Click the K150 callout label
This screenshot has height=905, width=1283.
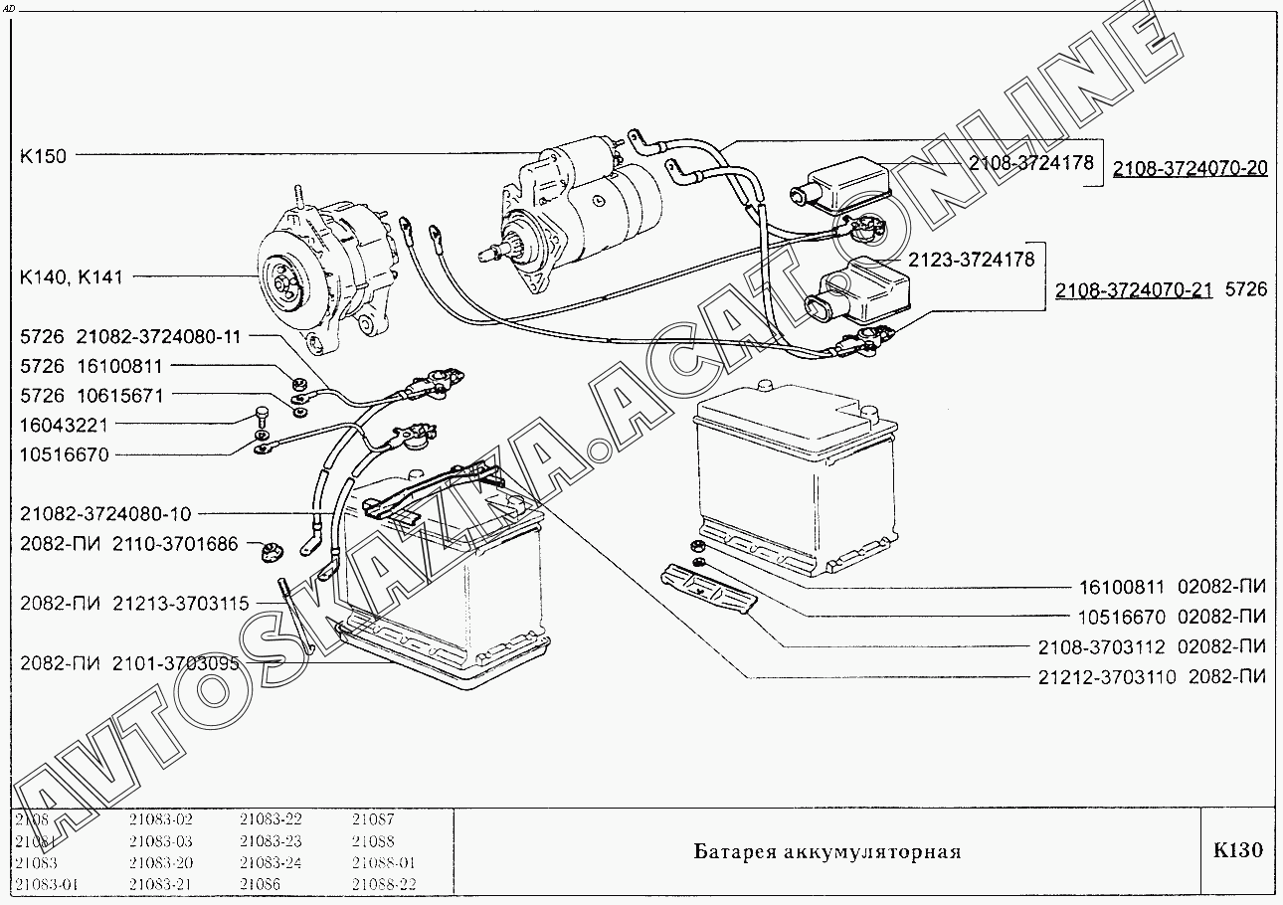43,155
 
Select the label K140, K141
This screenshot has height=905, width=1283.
72,277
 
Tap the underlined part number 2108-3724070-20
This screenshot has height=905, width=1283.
1190,168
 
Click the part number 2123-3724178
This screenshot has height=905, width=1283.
971,260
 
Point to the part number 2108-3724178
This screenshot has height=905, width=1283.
1030,162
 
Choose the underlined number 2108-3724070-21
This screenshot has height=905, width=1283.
1133,290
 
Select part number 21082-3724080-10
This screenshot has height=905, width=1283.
105,514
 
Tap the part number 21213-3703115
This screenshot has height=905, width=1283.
180,604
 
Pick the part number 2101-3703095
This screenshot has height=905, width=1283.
175,663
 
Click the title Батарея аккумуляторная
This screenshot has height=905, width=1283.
826,852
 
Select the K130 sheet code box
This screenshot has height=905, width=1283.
1237,851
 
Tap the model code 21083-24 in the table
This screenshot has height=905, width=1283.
271,862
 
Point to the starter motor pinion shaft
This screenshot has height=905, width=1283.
489,254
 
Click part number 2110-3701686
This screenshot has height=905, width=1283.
175,544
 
